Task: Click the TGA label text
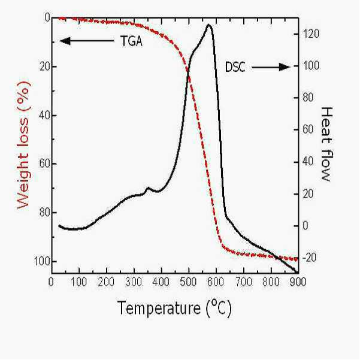[131, 41]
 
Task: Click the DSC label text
[235, 67]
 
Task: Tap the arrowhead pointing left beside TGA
[65, 41]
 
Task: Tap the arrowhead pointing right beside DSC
[285, 67]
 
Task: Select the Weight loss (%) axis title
[23, 145]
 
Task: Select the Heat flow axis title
[326, 144]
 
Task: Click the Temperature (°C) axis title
[175, 308]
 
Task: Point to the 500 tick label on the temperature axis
[188, 282]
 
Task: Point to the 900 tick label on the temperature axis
[298, 282]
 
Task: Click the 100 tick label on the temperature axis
[78, 282]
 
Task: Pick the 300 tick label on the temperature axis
[134, 282]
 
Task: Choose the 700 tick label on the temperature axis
[243, 282]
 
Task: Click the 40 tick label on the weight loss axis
[44, 115]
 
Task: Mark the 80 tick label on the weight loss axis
[44, 213]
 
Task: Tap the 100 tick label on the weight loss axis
[42, 261]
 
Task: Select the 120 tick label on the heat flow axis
[311, 34]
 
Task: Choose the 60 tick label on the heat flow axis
[308, 129]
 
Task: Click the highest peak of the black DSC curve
[209, 25]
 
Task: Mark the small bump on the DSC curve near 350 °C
[148, 188]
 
